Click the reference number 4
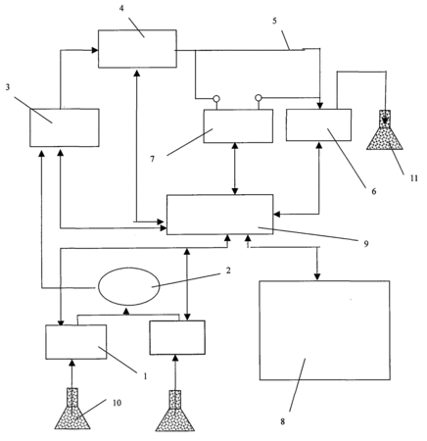click(x=121, y=9)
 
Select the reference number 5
click(x=274, y=21)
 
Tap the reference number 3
click(x=8, y=87)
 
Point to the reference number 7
click(x=153, y=159)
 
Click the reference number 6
click(x=374, y=191)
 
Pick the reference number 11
click(x=414, y=178)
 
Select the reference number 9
click(x=366, y=244)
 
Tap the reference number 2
click(x=228, y=270)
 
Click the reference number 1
click(x=145, y=376)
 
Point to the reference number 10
click(x=117, y=403)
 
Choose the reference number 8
click(x=283, y=421)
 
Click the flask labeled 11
click(x=385, y=129)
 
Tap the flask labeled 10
click(x=72, y=409)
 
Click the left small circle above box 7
click(x=216, y=98)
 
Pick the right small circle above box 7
click(x=259, y=97)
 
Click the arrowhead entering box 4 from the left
click(x=95, y=50)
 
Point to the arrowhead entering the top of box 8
click(x=316, y=277)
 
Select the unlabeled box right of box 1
click(x=177, y=337)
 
